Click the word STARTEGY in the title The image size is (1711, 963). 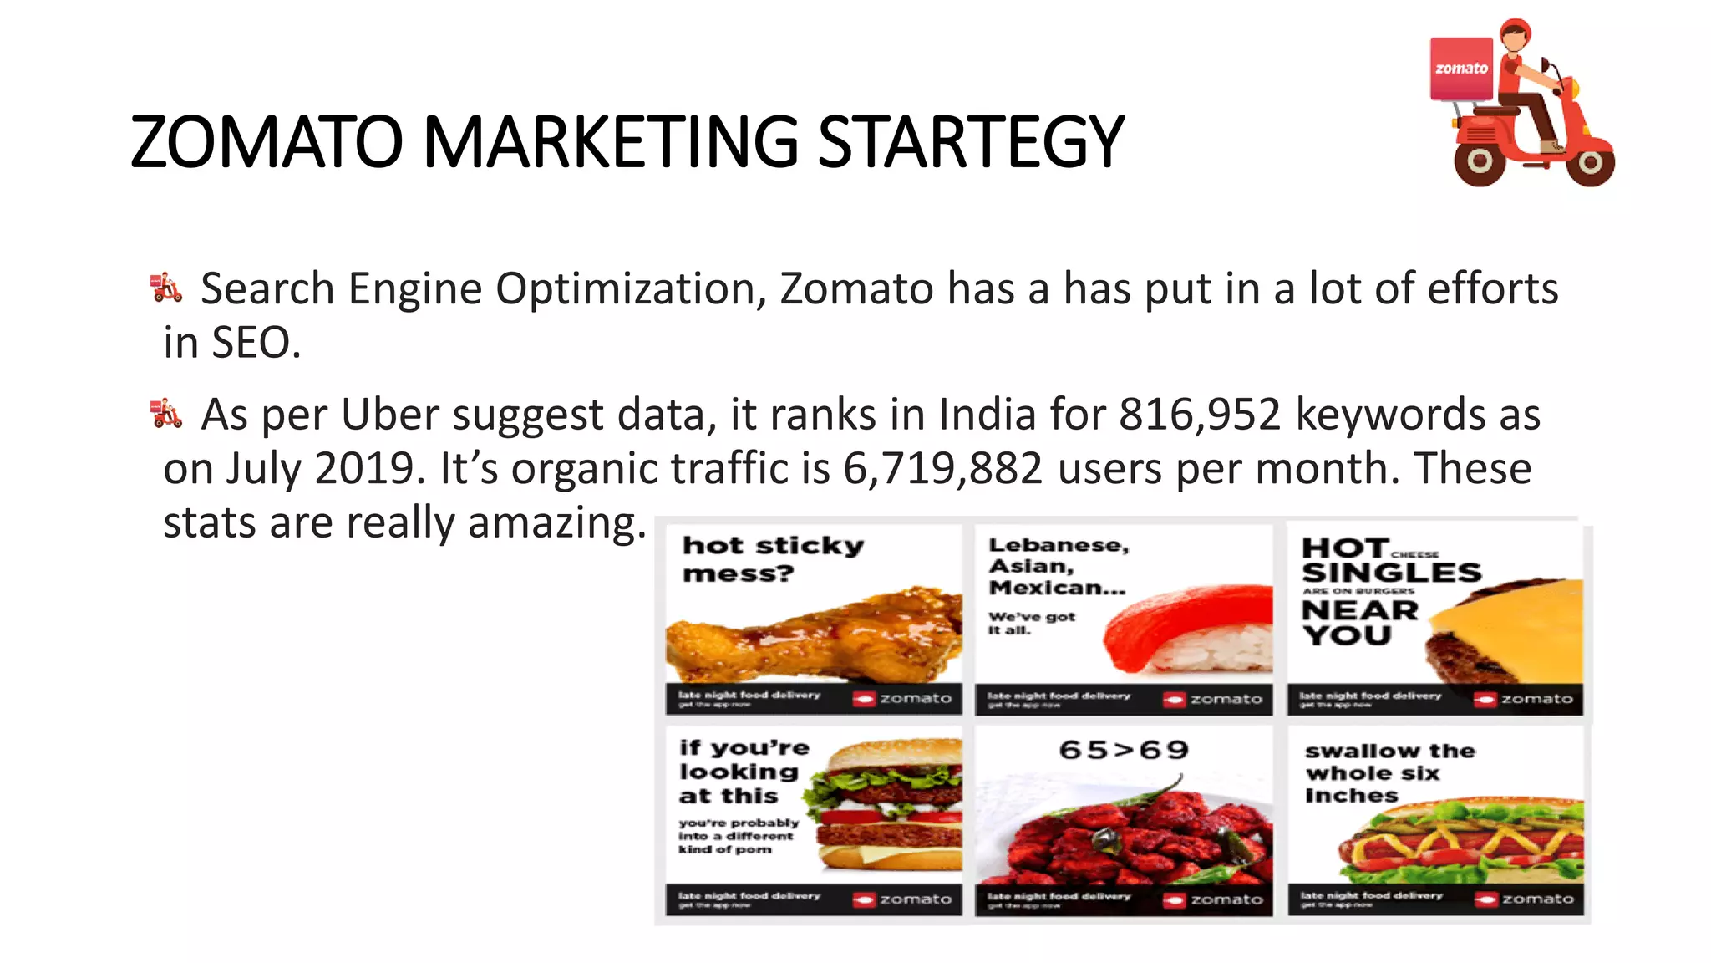[971, 142]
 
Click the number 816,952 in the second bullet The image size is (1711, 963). [1199, 415]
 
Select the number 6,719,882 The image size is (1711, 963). [942, 468]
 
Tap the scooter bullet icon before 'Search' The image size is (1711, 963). [166, 288]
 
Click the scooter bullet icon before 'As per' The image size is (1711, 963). [166, 414]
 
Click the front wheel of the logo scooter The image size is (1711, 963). [1590, 162]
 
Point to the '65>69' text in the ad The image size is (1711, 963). [1124, 750]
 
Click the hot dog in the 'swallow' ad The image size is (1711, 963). [1462, 840]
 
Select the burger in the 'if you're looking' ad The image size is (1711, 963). [886, 807]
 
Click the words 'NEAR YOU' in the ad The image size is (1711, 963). [1359, 623]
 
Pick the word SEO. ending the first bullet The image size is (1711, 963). [256, 344]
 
